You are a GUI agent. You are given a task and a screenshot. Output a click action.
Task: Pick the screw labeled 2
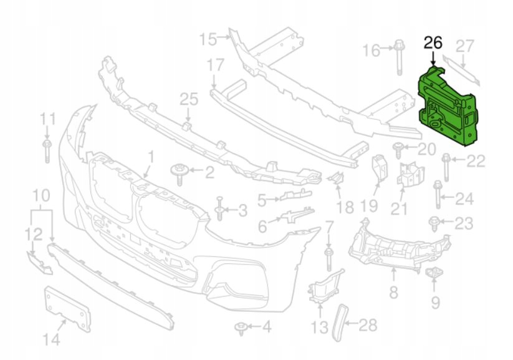(179, 173)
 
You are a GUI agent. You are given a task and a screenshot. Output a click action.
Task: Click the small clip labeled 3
(220, 208)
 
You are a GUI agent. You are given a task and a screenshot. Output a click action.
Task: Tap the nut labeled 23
(435, 221)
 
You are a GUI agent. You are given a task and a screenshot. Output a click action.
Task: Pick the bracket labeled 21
(409, 175)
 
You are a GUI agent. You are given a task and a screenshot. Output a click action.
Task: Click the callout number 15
(207, 39)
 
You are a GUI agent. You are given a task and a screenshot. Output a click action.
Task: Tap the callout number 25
(188, 99)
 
